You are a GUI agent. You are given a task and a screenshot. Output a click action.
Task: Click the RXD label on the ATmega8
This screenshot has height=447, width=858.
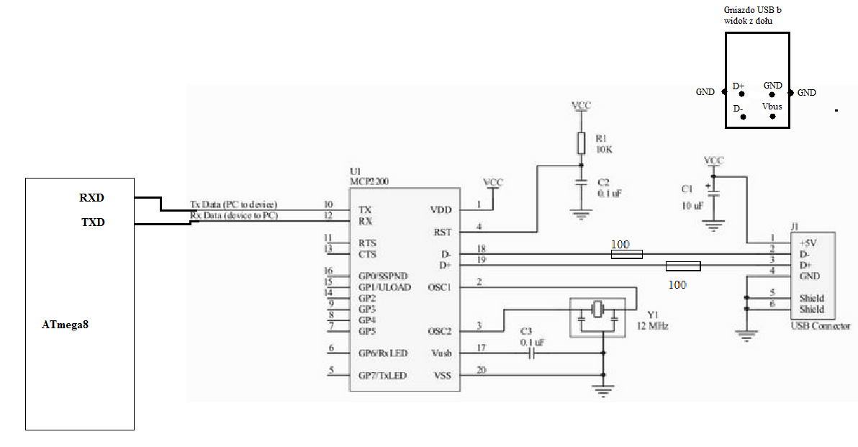[92, 198]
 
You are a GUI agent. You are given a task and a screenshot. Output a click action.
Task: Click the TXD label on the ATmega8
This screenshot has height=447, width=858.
[92, 222]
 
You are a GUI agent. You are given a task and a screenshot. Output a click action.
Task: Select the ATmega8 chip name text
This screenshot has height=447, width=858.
[65, 325]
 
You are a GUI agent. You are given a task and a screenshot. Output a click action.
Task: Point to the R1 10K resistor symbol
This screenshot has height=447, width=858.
[581, 143]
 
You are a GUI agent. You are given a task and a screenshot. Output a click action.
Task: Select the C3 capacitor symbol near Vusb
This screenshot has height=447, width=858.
[532, 353]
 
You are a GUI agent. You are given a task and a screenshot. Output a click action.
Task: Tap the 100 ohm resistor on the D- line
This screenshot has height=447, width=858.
[626, 254]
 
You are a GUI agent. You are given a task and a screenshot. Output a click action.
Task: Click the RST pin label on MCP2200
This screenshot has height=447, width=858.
[442, 232]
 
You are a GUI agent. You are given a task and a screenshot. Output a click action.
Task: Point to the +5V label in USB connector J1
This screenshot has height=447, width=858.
[810, 243]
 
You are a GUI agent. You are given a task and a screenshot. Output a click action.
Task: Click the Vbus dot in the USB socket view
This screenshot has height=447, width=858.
[772, 116]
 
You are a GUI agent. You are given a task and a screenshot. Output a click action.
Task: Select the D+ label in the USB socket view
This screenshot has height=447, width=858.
[739, 86]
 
